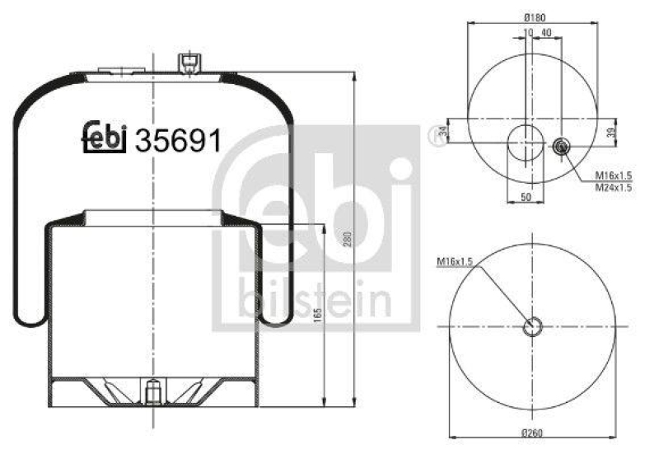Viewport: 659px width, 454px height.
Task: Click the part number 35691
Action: click(x=180, y=140)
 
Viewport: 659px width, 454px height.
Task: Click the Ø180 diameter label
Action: click(x=535, y=17)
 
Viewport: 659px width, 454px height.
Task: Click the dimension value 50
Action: click(x=526, y=198)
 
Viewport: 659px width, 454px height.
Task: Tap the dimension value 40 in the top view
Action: click(x=547, y=32)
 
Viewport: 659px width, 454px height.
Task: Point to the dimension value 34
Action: click(x=442, y=133)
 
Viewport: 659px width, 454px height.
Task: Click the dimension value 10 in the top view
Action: click(x=527, y=32)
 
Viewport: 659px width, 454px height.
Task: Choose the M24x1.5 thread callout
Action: click(x=613, y=188)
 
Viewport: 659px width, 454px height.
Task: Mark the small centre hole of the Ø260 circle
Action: click(x=533, y=326)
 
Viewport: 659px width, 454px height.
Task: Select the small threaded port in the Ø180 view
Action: click(x=560, y=147)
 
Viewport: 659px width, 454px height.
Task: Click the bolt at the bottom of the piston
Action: click(x=152, y=394)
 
